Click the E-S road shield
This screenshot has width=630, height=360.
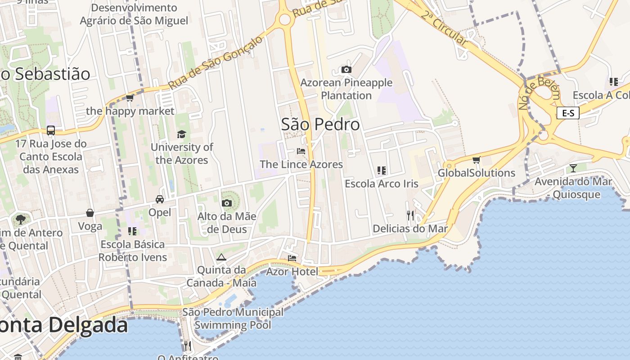(568, 113)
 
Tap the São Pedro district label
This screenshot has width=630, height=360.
(320, 124)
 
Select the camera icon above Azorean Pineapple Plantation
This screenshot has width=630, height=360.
(346, 69)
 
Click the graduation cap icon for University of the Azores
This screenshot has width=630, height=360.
(181, 134)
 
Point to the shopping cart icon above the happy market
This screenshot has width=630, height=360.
(130, 98)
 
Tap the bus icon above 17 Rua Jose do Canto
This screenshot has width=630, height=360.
(51, 130)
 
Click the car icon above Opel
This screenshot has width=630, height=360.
(159, 199)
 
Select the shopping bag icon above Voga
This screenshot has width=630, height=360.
(90, 213)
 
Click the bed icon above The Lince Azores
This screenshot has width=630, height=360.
(301, 151)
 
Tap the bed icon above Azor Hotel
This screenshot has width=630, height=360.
(292, 258)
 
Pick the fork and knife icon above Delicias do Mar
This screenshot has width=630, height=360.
(410, 215)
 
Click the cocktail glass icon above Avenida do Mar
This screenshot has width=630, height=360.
(573, 168)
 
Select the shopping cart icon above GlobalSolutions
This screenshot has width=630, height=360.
(476, 160)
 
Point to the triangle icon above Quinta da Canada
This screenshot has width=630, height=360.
(220, 257)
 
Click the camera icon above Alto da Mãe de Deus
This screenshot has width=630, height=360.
(227, 203)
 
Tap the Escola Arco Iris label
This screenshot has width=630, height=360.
(381, 184)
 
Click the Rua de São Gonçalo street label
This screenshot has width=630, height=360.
(215, 63)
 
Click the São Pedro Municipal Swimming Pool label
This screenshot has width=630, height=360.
(233, 318)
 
